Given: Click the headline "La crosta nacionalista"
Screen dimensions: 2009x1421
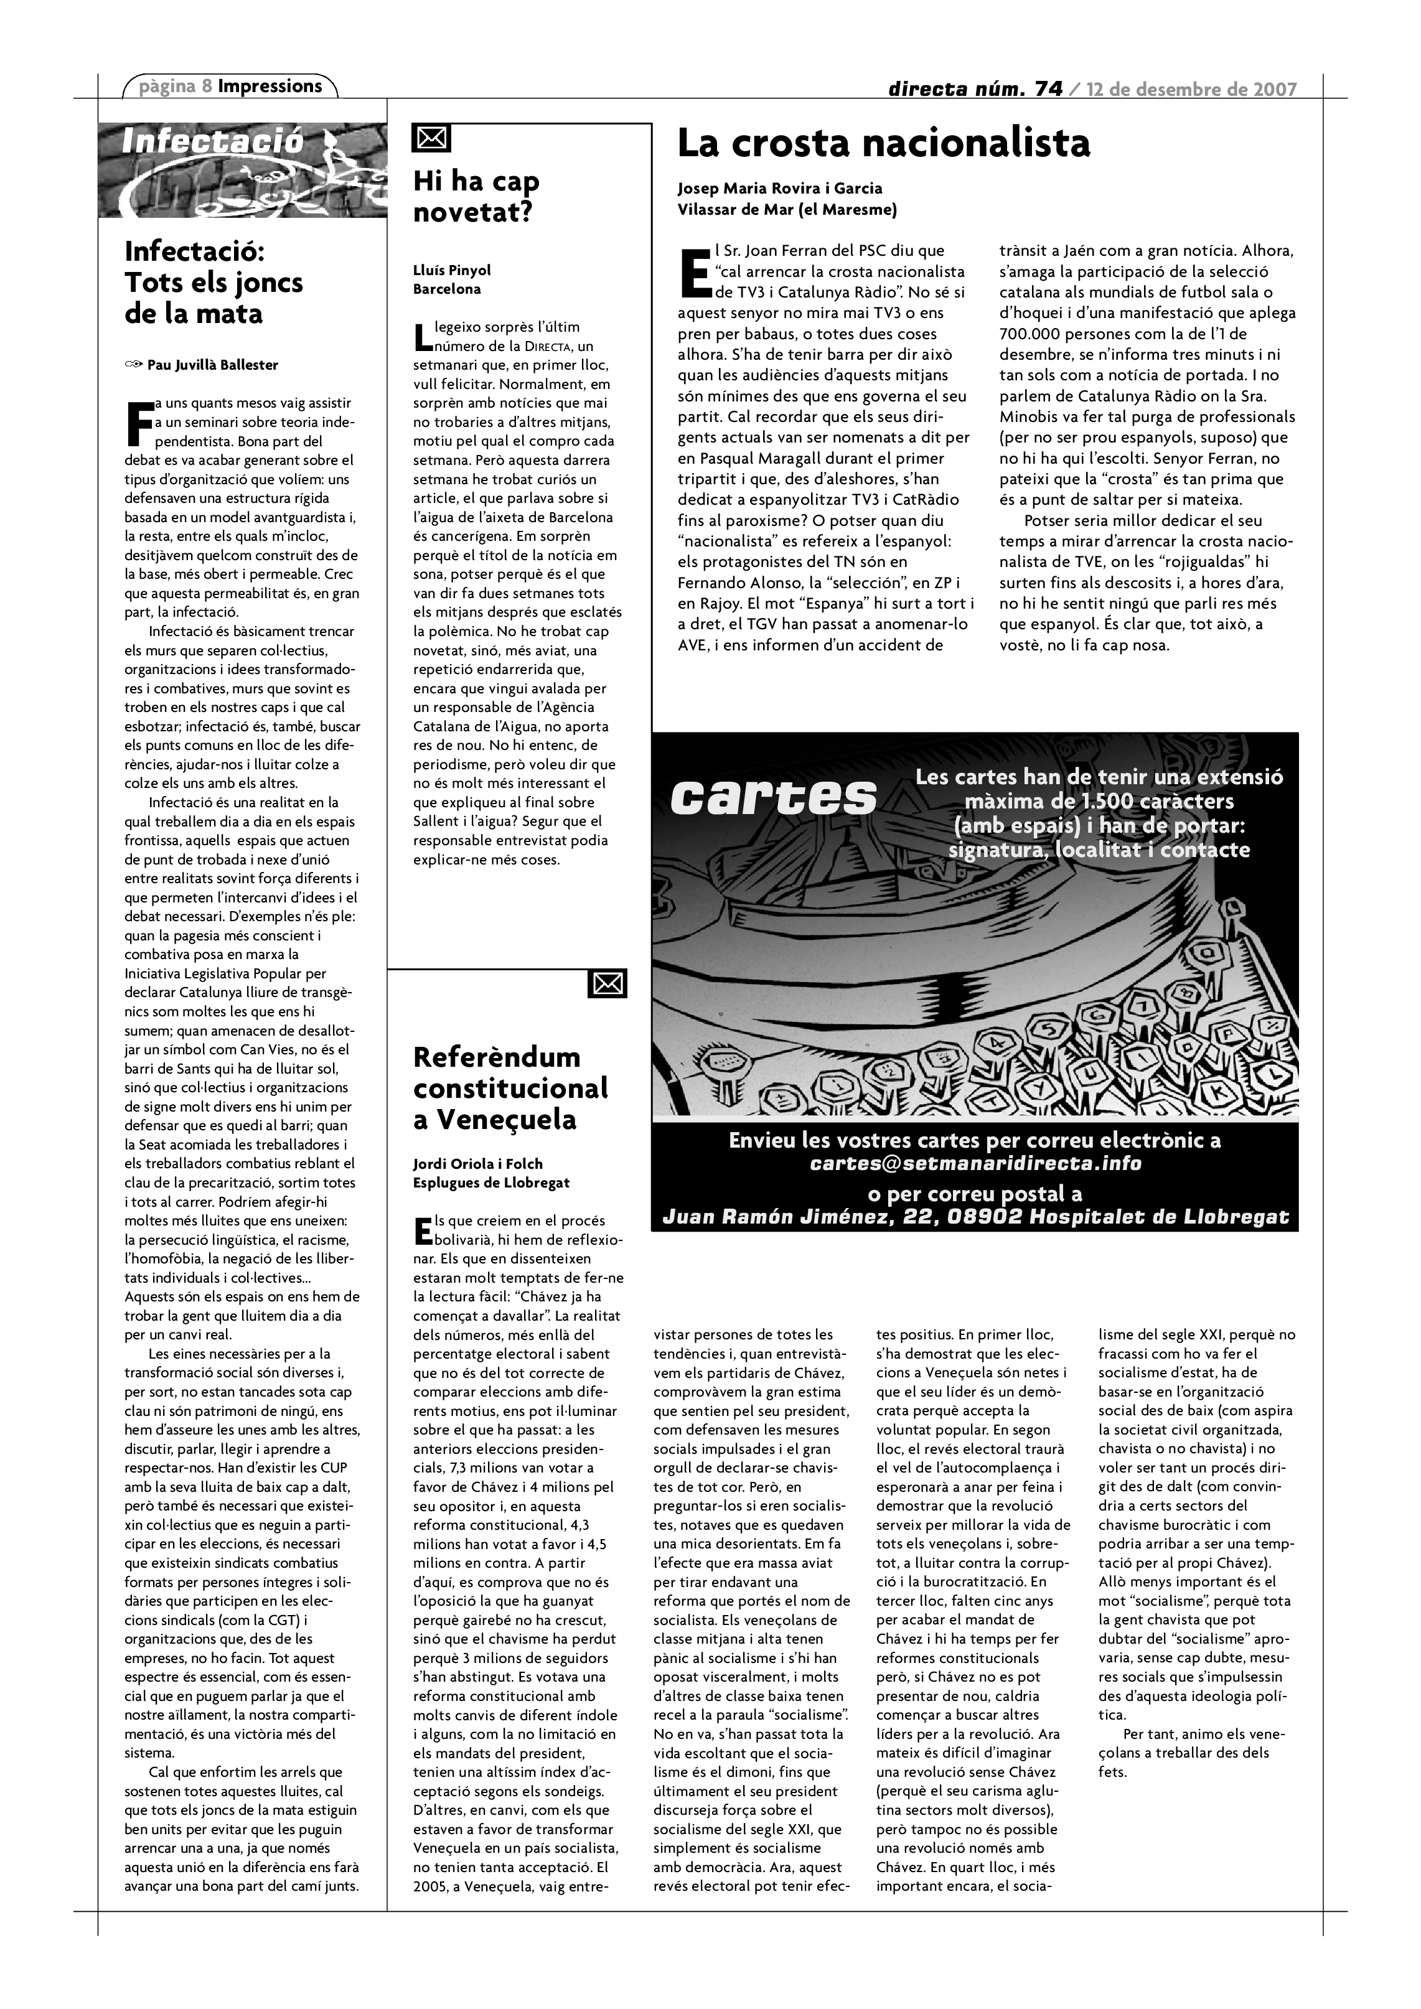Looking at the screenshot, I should tap(884, 144).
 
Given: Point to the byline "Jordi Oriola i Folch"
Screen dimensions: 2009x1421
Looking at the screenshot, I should tap(478, 1164).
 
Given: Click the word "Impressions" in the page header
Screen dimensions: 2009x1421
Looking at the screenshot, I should tap(270, 87).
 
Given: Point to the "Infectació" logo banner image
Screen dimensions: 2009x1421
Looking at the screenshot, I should tap(242, 170).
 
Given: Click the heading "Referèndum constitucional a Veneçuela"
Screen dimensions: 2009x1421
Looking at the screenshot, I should tap(511, 1088).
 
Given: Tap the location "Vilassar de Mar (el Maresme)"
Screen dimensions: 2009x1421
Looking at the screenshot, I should tap(787, 210).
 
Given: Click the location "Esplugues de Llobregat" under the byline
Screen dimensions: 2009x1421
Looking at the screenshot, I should tap(491, 1183).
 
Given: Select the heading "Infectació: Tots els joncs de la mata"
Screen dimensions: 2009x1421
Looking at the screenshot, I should tap(213, 283).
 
